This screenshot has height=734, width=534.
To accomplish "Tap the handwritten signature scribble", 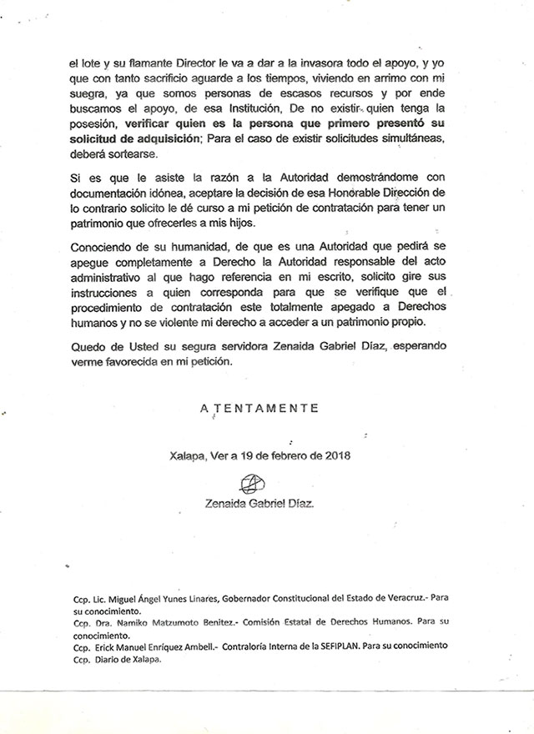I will pyautogui.click(x=253, y=483).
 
